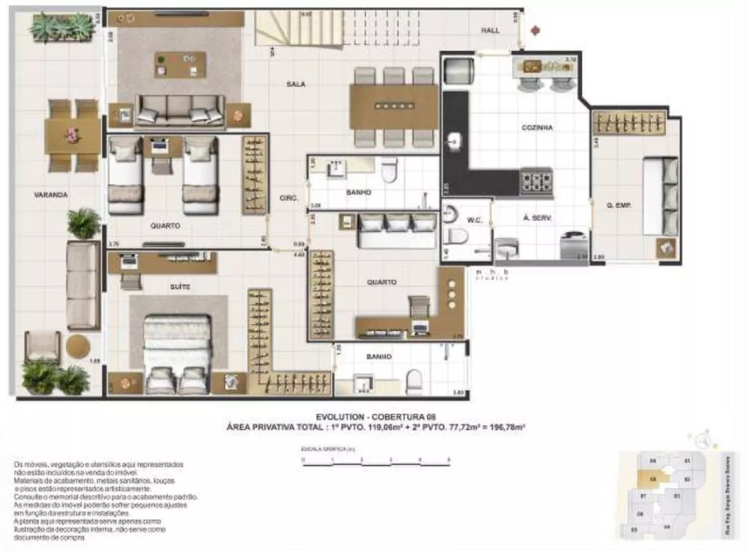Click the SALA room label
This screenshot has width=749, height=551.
[x=295, y=85]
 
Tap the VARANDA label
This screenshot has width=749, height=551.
[x=51, y=195]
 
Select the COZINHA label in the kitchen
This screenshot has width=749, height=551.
[x=537, y=128]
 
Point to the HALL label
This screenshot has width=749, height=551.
[x=491, y=30]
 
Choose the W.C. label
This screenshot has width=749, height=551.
[x=473, y=220]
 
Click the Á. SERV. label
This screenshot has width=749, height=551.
[x=537, y=219]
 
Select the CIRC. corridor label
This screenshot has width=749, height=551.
[x=288, y=198]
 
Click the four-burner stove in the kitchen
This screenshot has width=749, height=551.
[x=536, y=181]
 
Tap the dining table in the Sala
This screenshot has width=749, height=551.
[x=393, y=106]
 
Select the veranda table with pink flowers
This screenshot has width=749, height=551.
[x=73, y=136]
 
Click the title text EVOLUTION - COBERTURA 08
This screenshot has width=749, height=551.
[x=375, y=416]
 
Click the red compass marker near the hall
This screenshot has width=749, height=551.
[x=535, y=31]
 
